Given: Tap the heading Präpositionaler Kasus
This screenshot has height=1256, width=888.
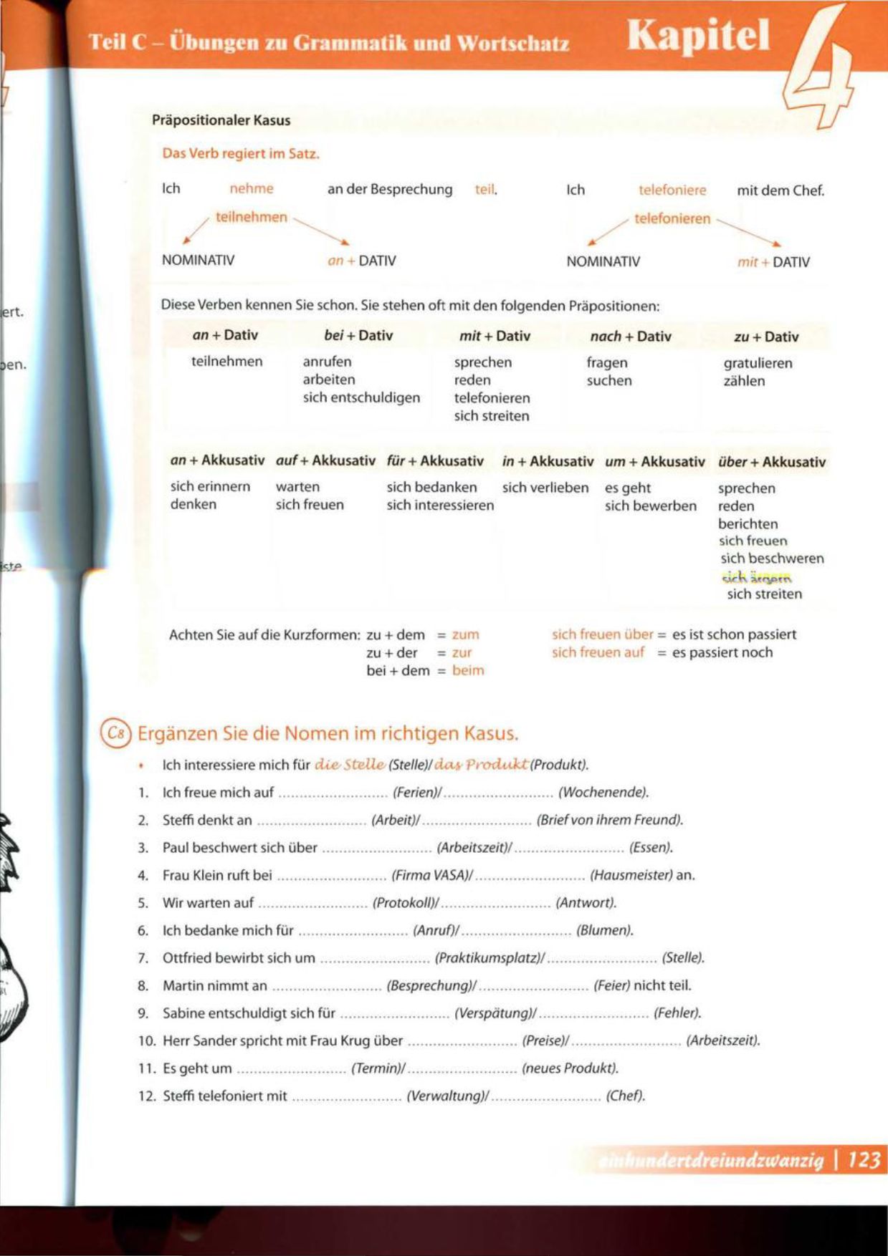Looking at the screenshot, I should (221, 120).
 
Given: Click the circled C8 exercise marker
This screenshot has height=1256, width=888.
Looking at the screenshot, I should (116, 733).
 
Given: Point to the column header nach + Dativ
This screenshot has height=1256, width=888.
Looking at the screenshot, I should (630, 336).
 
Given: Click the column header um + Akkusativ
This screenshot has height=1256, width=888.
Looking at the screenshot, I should (654, 462).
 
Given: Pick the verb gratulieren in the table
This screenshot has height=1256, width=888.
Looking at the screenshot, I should (758, 363).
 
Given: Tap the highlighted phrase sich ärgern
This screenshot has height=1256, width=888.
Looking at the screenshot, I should (756, 577).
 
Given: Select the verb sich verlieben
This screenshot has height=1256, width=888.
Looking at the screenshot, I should (545, 488).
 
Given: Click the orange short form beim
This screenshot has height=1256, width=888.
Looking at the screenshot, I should (468, 671).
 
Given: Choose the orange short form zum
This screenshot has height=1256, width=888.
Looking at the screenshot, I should (465, 635).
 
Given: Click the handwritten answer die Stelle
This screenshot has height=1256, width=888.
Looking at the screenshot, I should (350, 765).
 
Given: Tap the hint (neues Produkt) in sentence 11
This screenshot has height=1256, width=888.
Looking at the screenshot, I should (570, 1068).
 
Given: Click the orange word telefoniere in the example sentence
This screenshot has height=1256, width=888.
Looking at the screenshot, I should (672, 190).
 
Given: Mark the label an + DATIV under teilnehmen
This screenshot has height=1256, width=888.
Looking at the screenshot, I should (361, 261).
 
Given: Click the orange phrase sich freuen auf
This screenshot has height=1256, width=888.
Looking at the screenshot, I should (598, 652).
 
